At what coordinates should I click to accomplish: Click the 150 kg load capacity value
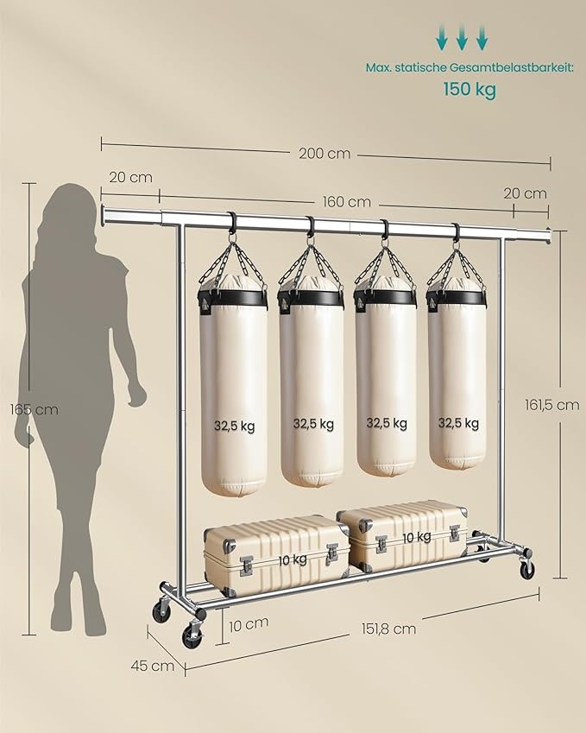click(x=469, y=89)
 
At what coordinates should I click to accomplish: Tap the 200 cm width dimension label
click(x=325, y=154)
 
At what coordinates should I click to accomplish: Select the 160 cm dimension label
click(x=346, y=202)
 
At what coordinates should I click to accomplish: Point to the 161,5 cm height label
click(x=551, y=404)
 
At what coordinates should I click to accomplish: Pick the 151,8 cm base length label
click(x=388, y=629)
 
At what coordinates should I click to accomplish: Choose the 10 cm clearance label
click(x=249, y=622)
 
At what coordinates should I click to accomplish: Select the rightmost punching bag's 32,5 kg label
click(x=457, y=423)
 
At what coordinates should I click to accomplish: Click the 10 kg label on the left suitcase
click(x=293, y=559)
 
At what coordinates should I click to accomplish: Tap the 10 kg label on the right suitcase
click(x=416, y=537)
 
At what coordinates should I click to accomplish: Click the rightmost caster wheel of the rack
click(x=526, y=569)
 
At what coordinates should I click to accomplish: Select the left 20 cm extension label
click(x=131, y=177)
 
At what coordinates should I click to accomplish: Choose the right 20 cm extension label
click(x=525, y=193)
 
